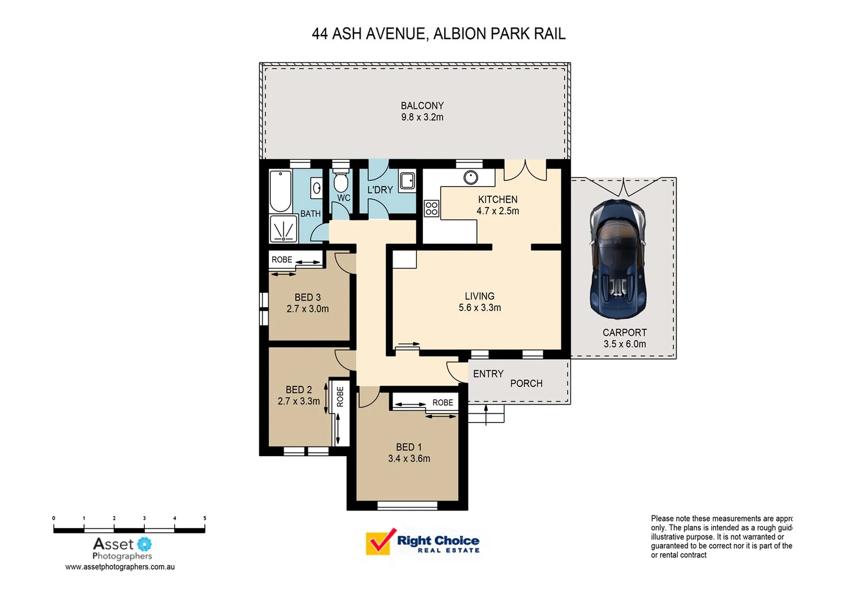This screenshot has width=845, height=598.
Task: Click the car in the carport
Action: (617, 259)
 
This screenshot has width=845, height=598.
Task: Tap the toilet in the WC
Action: (341, 181)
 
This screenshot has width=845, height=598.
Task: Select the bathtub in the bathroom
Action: (280, 191)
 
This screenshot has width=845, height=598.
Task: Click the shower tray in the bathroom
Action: (284, 229)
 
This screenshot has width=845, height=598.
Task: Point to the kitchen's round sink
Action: (471, 177)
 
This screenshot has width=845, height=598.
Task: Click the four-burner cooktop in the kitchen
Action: (431, 209)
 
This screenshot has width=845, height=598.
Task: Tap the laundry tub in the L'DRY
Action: (408, 181)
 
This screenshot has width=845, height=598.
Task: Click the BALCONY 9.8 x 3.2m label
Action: (422, 111)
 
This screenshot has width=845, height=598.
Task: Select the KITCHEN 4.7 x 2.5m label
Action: (498, 205)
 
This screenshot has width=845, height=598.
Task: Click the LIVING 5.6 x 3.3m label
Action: (479, 302)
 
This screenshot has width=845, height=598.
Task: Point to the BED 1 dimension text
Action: (409, 458)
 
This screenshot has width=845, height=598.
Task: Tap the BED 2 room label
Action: (299, 390)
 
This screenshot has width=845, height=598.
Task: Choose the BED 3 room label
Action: (307, 297)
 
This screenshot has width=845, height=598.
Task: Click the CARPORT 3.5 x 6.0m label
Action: (624, 338)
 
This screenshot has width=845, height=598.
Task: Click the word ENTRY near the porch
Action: (488, 374)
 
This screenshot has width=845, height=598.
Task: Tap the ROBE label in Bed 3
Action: (281, 260)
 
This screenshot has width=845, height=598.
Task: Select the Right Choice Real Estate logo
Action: (422, 542)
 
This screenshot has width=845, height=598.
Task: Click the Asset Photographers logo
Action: (122, 548)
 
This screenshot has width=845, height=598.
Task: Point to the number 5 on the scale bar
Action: (205, 518)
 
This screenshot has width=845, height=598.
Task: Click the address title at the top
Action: (439, 34)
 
